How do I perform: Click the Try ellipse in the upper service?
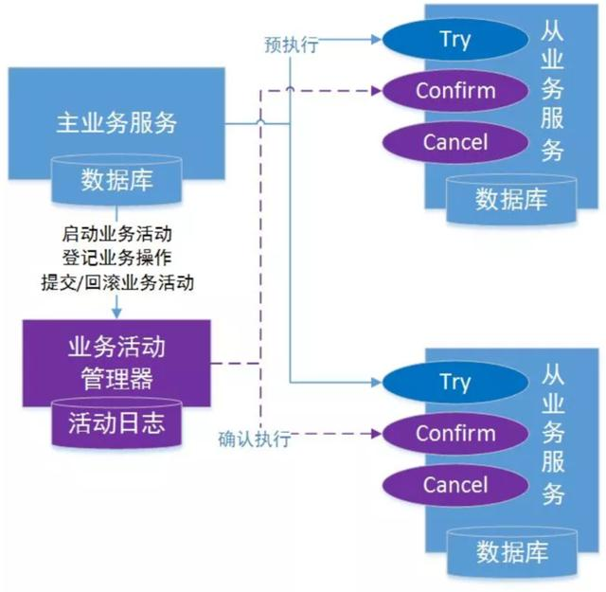pos(454,40)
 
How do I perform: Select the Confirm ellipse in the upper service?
pos(454,92)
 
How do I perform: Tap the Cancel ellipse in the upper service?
pos(454,143)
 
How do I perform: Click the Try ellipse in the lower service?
pos(454,383)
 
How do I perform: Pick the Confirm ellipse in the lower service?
pos(454,435)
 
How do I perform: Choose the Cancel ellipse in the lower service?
pos(454,486)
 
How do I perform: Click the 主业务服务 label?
pos(116,121)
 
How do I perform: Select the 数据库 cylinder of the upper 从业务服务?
pos(510,199)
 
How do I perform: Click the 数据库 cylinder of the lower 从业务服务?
pos(510,549)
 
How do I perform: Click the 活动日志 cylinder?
pos(116,422)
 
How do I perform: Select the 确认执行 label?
pos(254,440)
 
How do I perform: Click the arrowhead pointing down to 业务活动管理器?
pos(117,312)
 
